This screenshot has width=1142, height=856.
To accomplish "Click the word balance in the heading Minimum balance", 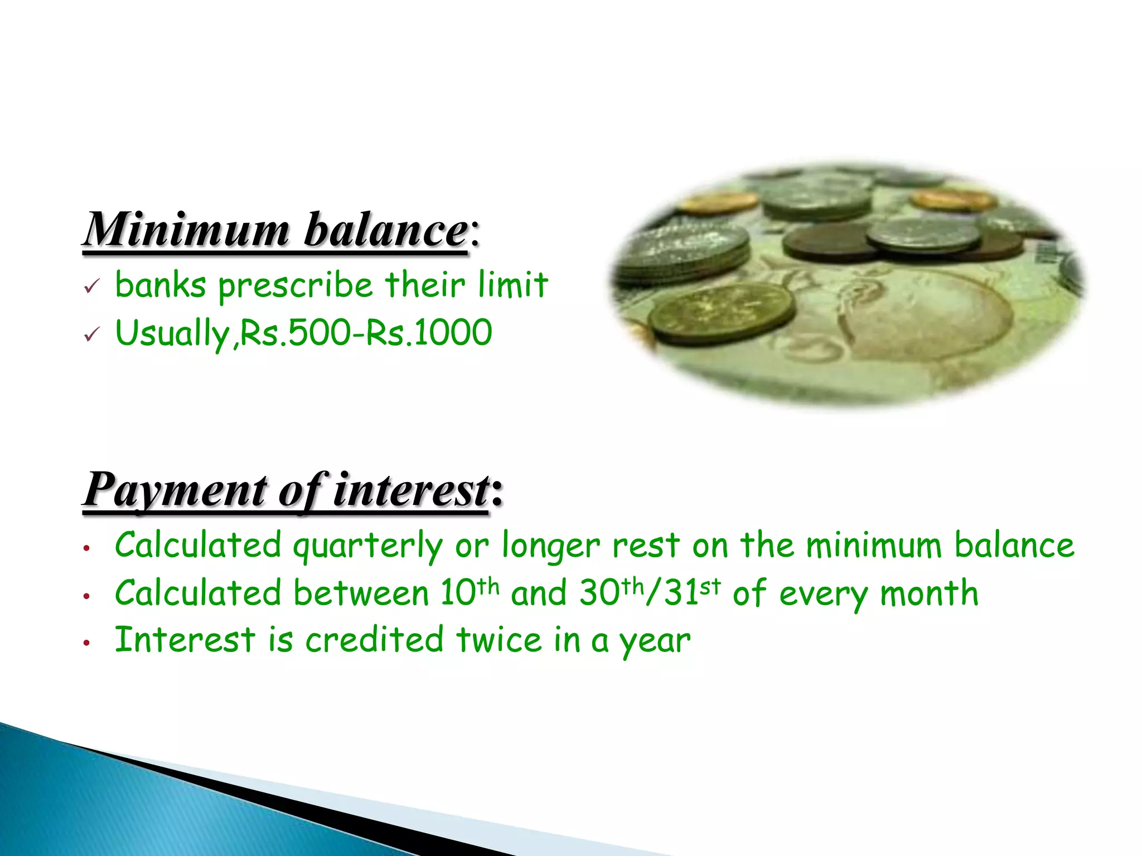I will [386, 230].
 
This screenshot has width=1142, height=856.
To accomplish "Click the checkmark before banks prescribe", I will [91, 287].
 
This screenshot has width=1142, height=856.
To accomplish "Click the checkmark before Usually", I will [91, 335].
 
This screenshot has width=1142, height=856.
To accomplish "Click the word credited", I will [374, 640].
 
